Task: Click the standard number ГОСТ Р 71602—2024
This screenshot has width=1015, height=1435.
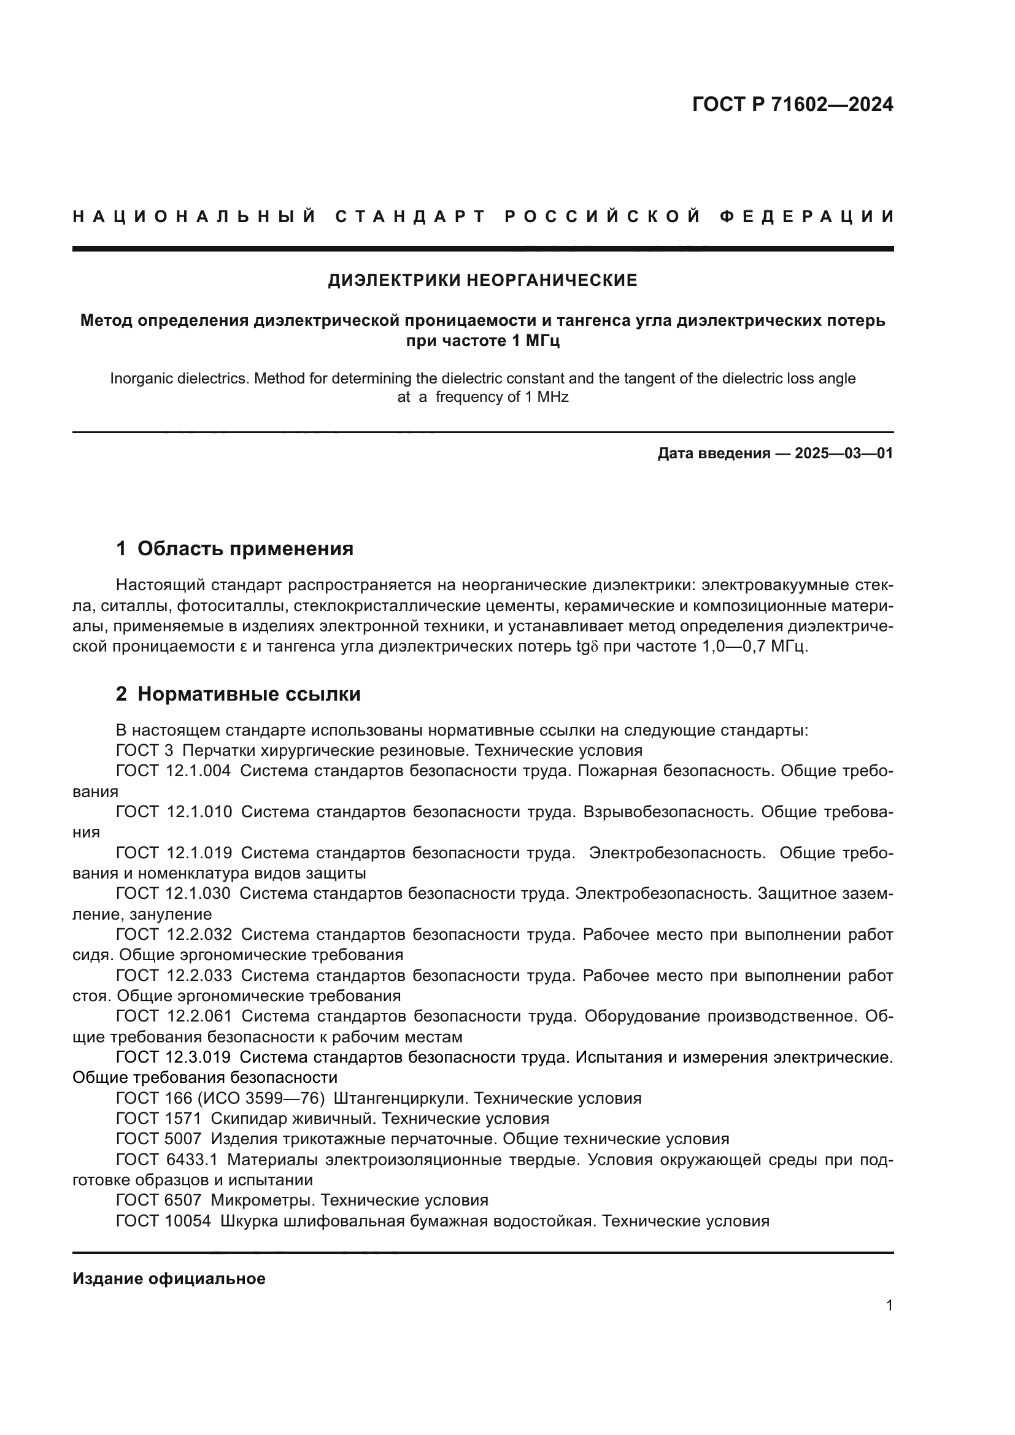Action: (x=792, y=104)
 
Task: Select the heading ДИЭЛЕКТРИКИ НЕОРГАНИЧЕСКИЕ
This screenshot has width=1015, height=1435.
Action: (x=482, y=280)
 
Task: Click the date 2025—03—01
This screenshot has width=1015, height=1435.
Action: (x=844, y=454)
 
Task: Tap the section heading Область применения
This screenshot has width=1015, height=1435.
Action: (x=245, y=548)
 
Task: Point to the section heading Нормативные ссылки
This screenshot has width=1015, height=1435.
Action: (x=249, y=694)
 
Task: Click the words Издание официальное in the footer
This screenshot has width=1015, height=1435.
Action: (x=169, y=1279)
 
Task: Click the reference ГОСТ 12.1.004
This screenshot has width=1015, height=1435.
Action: (x=173, y=771)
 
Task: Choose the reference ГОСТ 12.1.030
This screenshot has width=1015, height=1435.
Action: (x=173, y=894)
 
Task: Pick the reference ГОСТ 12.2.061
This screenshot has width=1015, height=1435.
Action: (x=174, y=1017)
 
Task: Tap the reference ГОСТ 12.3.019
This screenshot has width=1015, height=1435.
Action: (x=173, y=1058)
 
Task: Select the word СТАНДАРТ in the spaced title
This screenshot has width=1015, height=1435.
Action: (x=410, y=217)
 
